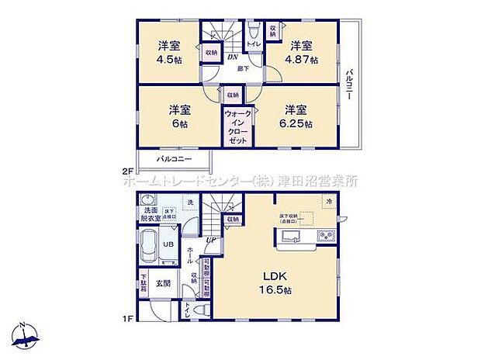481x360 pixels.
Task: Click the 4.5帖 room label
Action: coord(169,52)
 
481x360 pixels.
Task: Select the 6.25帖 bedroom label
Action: coord(298,116)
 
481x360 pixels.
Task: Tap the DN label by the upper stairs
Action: coord(232,56)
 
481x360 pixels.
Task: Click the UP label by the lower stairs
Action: coord(210,240)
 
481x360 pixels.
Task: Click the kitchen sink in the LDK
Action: coord(289,237)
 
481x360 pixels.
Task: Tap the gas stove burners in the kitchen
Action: coord(324,237)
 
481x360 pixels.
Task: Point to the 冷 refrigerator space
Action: coord(329,202)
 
